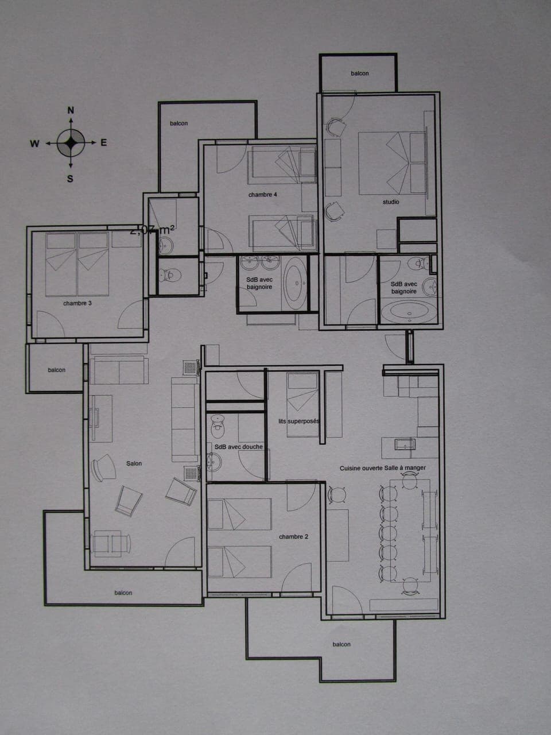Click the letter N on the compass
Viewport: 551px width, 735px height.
point(71,110)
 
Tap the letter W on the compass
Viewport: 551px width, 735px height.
point(34,144)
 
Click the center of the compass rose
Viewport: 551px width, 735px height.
point(71,143)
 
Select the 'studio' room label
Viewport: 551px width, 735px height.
point(391,202)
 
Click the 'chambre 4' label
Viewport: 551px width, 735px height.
point(262,195)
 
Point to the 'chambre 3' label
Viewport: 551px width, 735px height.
point(77,303)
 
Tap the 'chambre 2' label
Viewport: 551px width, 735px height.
point(293,537)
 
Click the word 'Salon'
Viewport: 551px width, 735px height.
point(134,463)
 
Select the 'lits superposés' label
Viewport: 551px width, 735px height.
point(298,421)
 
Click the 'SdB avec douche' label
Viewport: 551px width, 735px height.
point(238,447)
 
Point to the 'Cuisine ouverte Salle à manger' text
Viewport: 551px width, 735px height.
point(382,468)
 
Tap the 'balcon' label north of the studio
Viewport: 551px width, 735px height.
point(360,73)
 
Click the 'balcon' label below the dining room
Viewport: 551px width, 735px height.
point(342,644)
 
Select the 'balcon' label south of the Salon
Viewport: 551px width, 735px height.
point(123,593)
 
